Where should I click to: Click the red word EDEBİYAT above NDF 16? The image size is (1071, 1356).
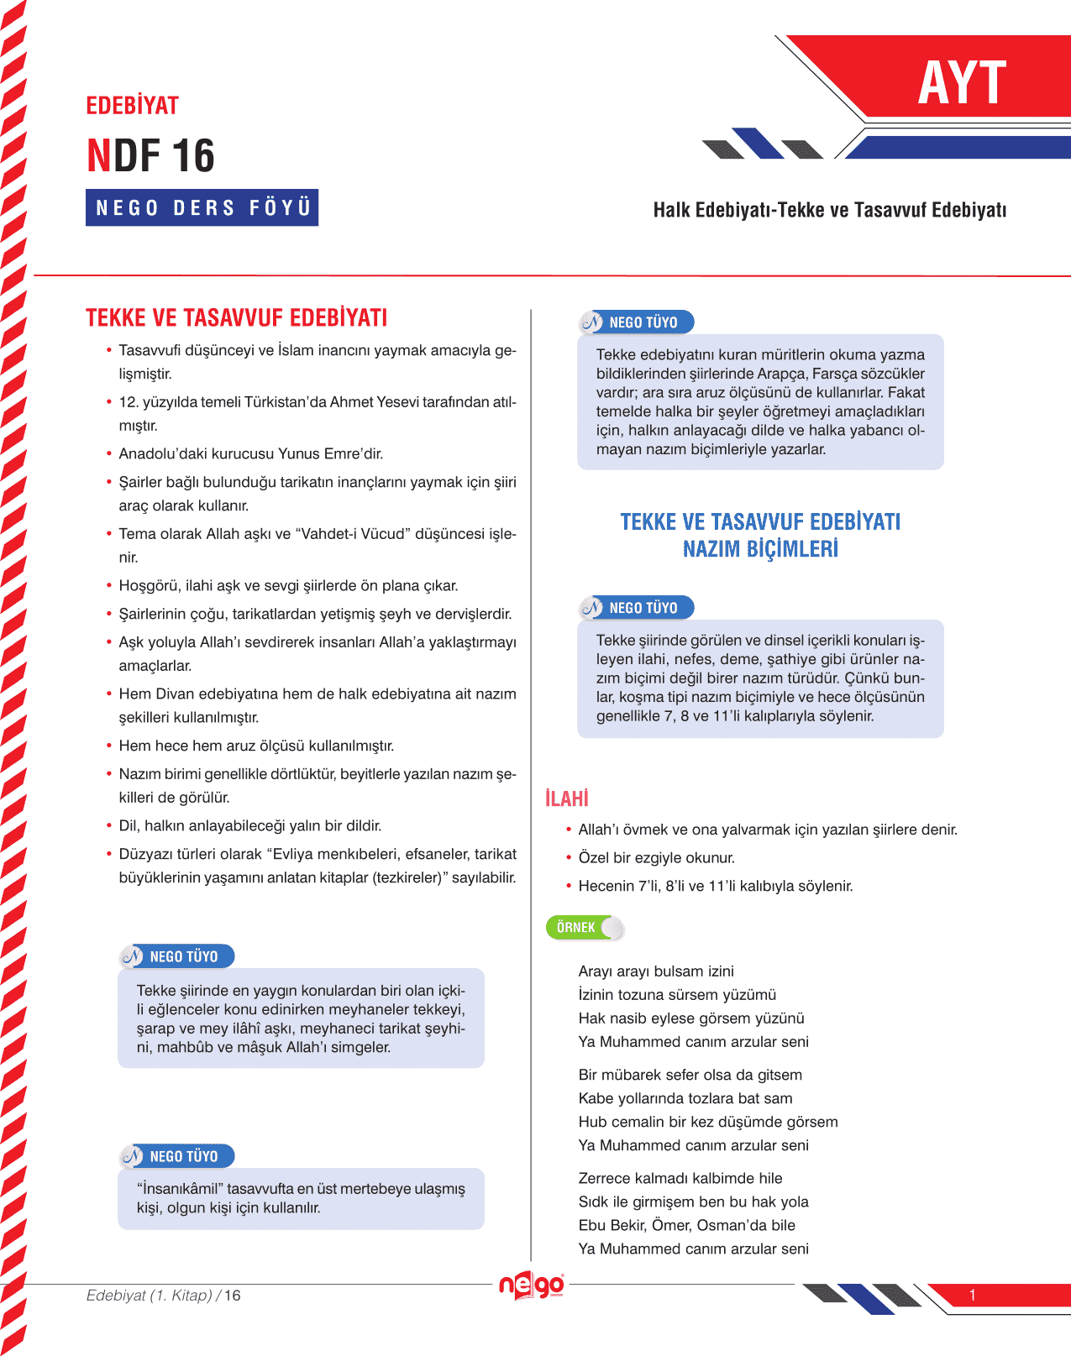[x=133, y=106]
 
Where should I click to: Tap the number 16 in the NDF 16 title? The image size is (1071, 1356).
[x=193, y=156]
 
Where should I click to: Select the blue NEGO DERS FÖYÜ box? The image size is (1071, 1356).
[x=202, y=207]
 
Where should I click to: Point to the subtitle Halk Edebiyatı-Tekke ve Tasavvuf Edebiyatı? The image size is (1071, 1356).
[x=829, y=210]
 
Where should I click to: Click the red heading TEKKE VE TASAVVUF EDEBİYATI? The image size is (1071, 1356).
[x=236, y=318]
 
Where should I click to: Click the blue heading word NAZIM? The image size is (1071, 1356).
[x=715, y=549]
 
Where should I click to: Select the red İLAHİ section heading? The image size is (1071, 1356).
[x=566, y=798]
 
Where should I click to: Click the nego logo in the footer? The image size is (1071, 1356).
[x=532, y=1285]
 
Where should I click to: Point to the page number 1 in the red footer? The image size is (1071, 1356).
[x=972, y=1295]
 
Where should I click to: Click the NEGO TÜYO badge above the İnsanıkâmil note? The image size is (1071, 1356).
[x=177, y=1156]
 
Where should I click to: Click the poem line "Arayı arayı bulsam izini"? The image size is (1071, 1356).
[x=656, y=971]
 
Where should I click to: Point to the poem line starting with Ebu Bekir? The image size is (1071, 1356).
[x=686, y=1225]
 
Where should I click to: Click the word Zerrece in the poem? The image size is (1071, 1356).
[x=605, y=1178]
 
